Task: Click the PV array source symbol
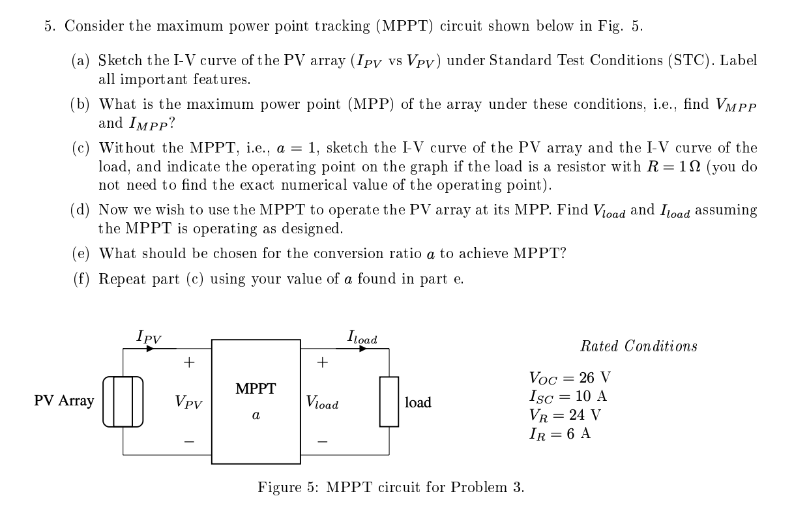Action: point(123,401)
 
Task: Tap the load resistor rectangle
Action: point(389,401)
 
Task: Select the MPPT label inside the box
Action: point(256,389)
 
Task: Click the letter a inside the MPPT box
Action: point(256,415)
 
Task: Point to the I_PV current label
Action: point(149,337)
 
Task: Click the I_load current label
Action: point(362,338)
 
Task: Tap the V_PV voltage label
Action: point(188,402)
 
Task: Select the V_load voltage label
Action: point(322,403)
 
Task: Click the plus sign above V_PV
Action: point(188,362)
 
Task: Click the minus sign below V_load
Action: point(322,442)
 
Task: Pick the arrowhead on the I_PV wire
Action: point(151,348)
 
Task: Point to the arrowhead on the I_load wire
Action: point(365,348)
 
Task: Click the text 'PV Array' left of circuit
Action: point(64,401)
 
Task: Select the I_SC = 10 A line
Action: point(568,396)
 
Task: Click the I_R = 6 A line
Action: point(560,433)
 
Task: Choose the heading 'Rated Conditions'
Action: point(638,346)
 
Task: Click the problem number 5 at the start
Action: point(48,27)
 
